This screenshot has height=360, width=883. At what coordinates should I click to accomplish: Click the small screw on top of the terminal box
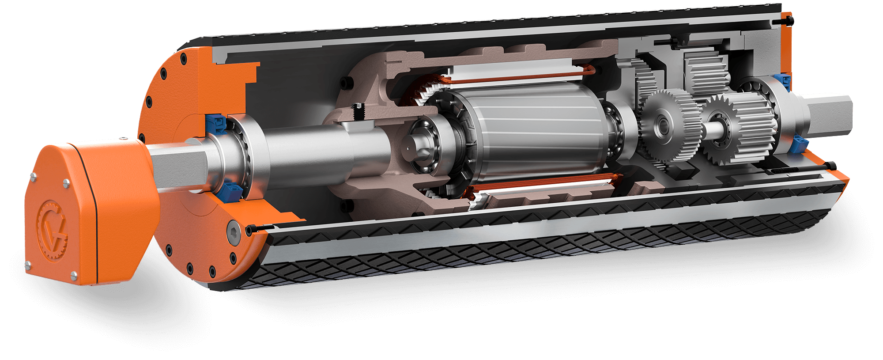pyautogui.click(x=124, y=140)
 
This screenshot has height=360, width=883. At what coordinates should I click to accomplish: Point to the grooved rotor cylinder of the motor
pyautogui.click(x=530, y=133)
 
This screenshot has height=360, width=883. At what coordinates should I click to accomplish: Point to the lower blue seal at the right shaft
pyautogui.click(x=799, y=144)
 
